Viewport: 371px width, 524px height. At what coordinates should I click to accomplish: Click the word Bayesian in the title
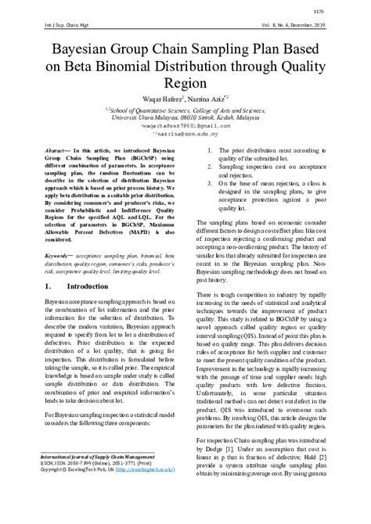point(85,50)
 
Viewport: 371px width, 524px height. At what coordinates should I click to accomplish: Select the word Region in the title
point(185,83)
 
